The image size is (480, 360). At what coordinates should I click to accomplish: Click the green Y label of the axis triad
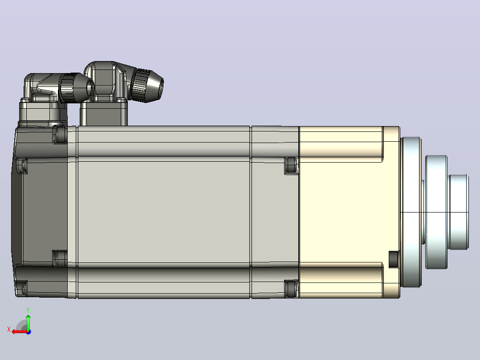point(28,310)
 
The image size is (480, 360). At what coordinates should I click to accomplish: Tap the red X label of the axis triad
point(9,329)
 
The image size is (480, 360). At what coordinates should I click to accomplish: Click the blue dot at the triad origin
point(28,332)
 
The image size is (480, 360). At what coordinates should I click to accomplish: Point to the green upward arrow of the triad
point(28,322)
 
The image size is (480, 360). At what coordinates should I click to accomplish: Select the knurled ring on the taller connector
point(142,85)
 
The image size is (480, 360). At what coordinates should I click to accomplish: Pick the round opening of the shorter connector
point(90,88)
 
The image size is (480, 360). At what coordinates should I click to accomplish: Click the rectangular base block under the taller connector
point(103,113)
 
